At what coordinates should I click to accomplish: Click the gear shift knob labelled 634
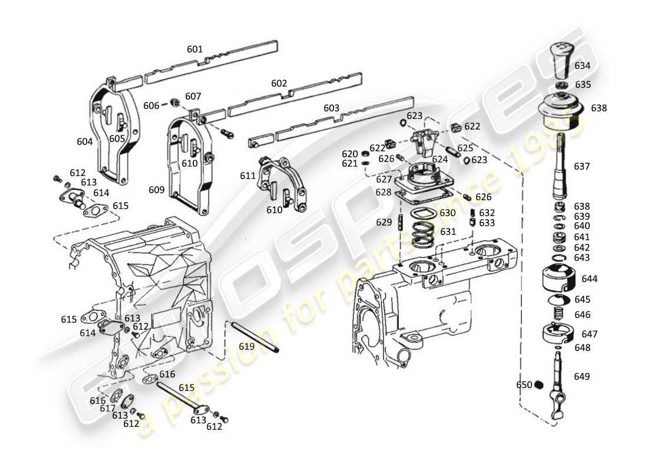point(563,60)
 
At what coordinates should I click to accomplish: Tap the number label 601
point(195,49)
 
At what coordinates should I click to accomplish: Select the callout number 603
point(332,108)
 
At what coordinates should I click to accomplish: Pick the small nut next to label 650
point(537,385)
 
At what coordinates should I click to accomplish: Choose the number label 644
point(590,278)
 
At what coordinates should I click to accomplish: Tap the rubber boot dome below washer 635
point(561,110)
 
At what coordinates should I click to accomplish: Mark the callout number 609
point(157,190)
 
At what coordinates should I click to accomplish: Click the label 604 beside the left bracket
point(85,142)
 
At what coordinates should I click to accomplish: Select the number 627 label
point(384,180)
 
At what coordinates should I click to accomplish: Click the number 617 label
point(108,408)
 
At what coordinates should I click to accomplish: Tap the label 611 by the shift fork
point(247,175)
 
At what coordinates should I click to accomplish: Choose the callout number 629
point(384,223)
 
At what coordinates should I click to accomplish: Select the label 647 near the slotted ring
point(590,334)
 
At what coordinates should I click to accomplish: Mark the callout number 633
point(487,223)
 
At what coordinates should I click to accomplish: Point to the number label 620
point(350,154)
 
